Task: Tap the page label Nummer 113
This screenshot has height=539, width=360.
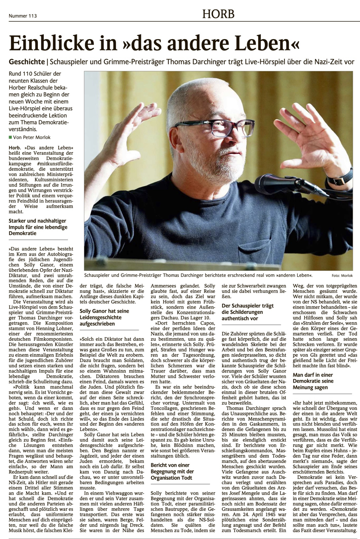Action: pyautogui.click(x=23, y=16)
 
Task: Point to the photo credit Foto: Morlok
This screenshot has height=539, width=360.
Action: pyautogui.click(x=342, y=276)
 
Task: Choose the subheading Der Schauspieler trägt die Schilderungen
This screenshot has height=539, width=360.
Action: pyautogui.click(x=247, y=312)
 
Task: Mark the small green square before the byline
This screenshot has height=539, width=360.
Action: pyautogui.click(x=10, y=137)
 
